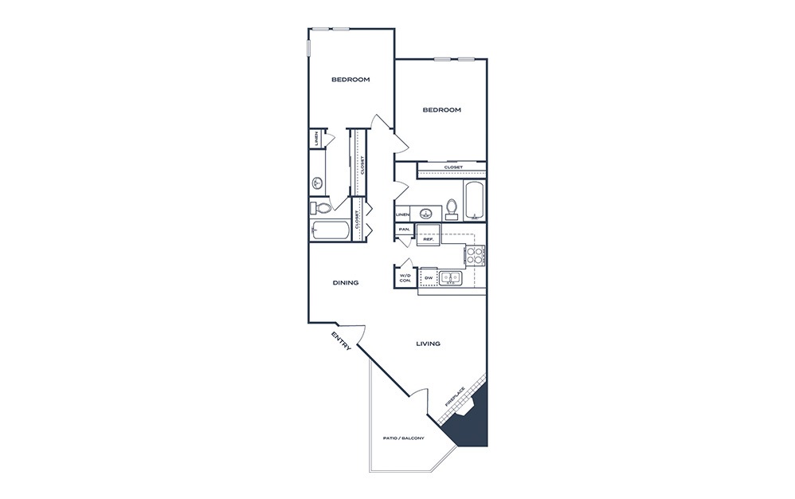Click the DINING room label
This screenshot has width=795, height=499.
click(346, 282)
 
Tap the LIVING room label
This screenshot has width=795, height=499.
click(428, 344)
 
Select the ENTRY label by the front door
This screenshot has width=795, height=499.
click(341, 341)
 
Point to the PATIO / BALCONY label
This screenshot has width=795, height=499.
click(404, 438)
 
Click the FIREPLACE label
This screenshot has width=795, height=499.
click(455, 397)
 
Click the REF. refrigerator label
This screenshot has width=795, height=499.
click(429, 239)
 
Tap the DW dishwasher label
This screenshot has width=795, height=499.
click(429, 278)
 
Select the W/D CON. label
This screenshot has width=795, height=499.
click(405, 278)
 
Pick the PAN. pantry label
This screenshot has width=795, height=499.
click(404, 230)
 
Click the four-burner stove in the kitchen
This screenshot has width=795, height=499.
click(475, 255)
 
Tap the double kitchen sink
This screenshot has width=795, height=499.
click(450, 278)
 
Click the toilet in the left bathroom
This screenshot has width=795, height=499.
click(320, 207)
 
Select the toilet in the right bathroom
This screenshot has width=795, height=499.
click(452, 209)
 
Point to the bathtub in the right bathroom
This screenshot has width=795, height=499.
click(474, 201)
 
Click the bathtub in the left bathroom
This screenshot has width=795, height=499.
click(330, 230)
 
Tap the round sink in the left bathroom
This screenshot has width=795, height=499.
click(318, 183)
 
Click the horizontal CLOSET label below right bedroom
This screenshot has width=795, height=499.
click(453, 167)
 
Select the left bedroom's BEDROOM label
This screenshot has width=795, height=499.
click(351, 80)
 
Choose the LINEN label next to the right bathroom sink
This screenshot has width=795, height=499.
click(402, 214)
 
